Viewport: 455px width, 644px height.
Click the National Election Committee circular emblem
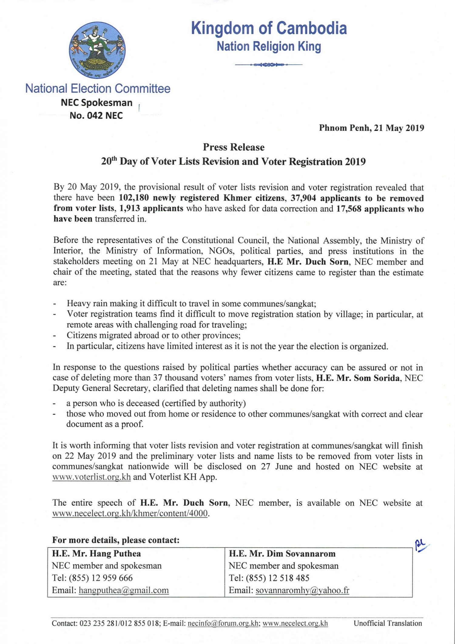tap(97, 49)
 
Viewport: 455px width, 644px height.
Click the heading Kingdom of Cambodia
tap(269, 28)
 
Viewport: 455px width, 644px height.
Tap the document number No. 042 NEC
tap(96, 116)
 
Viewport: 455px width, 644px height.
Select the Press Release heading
tap(234, 147)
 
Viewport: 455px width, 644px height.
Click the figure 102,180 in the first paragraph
tap(134, 198)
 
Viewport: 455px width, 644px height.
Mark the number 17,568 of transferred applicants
tap(349, 209)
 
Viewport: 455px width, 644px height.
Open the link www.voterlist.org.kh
tap(92, 477)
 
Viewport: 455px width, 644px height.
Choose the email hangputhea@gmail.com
tap(123, 590)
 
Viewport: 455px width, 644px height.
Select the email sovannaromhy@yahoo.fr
tap(302, 590)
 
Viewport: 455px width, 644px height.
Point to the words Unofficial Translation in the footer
tap(388, 623)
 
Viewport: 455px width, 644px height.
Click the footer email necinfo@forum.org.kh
tap(223, 623)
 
